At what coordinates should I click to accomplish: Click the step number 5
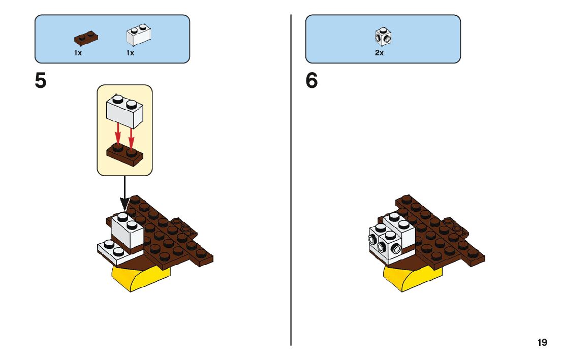pyautogui.click(x=41, y=81)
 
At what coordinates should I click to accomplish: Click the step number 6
pyautogui.click(x=311, y=81)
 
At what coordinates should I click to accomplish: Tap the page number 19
pyautogui.click(x=542, y=343)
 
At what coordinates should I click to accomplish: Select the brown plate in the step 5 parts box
pyautogui.click(x=86, y=38)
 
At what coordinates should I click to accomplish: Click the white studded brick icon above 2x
pyautogui.click(x=383, y=37)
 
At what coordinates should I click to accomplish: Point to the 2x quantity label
pyautogui.click(x=379, y=53)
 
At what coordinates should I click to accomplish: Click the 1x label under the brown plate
pyautogui.click(x=78, y=53)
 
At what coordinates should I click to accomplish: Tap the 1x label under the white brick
pyautogui.click(x=130, y=53)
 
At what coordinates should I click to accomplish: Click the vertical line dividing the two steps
pyautogui.click(x=291, y=178)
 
